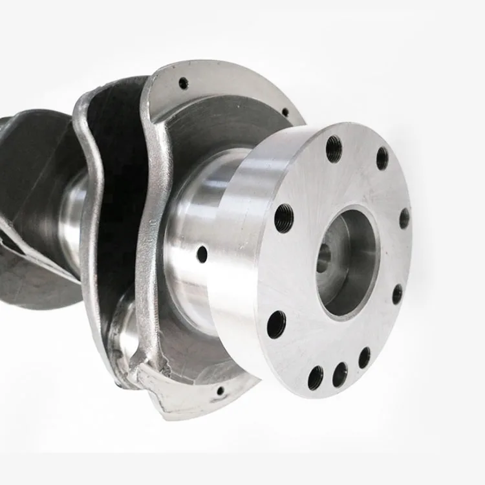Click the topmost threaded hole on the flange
click(334, 149)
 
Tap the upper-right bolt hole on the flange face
click(382, 158)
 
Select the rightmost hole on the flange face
click(405, 218)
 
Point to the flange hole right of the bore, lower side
click(397, 294)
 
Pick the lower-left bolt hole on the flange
click(276, 324)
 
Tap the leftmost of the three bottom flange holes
click(316, 378)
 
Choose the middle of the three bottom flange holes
click(340, 374)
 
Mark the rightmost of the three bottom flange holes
click(365, 357)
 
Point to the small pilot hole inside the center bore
click(323, 259)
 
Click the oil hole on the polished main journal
click(202, 254)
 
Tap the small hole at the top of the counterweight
click(184, 83)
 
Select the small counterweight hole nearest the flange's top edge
click(285, 113)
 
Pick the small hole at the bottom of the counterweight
click(221, 391)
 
